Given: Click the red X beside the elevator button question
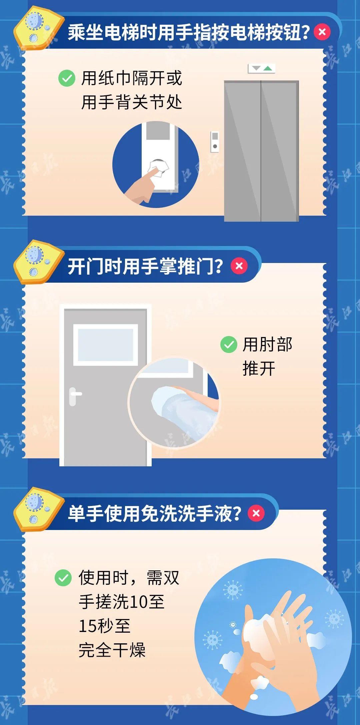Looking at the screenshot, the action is pyautogui.click(x=322, y=32).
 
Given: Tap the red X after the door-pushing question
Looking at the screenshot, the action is pyautogui.click(x=239, y=266).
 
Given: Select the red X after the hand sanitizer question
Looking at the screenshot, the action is pyautogui.click(x=256, y=513).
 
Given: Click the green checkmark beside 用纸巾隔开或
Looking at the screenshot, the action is pyautogui.click(x=67, y=78).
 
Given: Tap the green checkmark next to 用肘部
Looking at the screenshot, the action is pyautogui.click(x=229, y=345).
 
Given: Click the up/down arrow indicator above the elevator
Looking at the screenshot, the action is pyautogui.click(x=262, y=68).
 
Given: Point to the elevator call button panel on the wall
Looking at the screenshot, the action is pyautogui.click(x=215, y=142).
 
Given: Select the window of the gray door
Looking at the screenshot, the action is pyautogui.click(x=106, y=345).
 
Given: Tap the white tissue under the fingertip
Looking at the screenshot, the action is pyautogui.click(x=159, y=168).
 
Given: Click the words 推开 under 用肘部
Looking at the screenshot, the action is pyautogui.click(x=259, y=369).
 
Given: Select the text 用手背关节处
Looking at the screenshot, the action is pyautogui.click(x=132, y=102).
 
